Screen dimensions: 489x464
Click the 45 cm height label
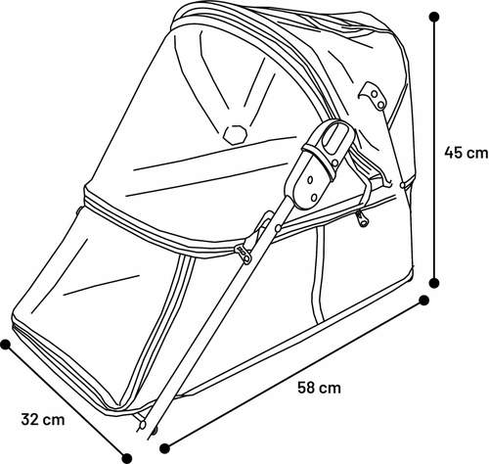point(467,153)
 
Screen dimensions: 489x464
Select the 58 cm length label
point(319,388)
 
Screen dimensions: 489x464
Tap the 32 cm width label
point(43,419)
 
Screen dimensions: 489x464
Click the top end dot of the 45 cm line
point(434,17)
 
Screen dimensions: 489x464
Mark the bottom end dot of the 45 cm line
point(434,283)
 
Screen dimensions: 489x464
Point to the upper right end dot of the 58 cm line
point(423,301)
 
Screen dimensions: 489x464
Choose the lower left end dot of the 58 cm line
point(164,448)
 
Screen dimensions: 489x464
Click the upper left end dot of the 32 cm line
point(6,345)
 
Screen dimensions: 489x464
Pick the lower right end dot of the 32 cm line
point(127,458)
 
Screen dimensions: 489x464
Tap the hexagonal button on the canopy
point(235,134)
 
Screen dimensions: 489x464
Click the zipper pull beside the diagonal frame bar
point(244,255)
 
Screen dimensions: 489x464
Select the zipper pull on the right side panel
point(362,219)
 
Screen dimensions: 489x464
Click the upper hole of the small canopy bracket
point(375,94)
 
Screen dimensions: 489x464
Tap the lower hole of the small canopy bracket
point(380,105)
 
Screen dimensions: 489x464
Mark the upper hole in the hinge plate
point(310,180)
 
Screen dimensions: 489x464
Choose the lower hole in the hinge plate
point(314,197)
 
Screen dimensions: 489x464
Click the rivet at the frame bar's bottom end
point(142,425)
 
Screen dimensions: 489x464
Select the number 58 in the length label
point(305,388)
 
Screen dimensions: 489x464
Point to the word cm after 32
point(55,421)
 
